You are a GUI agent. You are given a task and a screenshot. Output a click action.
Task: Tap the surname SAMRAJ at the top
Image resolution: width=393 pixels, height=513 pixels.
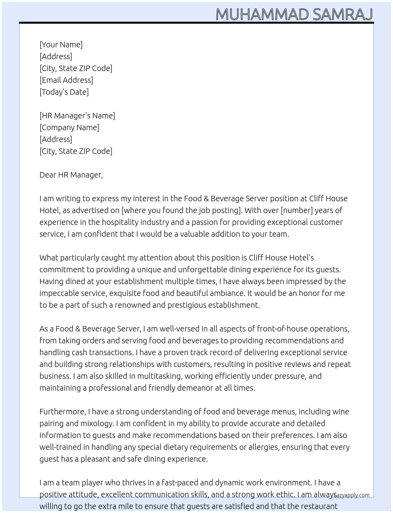(x=342, y=14)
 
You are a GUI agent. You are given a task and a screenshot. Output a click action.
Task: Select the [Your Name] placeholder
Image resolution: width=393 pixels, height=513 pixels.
(x=61, y=45)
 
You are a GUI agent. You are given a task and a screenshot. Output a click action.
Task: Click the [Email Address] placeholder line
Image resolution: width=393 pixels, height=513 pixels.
(x=66, y=80)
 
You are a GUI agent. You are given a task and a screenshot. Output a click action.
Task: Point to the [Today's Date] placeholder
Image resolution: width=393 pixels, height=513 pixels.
(x=64, y=92)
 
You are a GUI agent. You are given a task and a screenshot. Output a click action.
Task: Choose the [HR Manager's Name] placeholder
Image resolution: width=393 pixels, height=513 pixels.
(x=77, y=116)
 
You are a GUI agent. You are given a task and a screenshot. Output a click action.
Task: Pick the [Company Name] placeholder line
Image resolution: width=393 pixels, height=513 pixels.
(x=69, y=127)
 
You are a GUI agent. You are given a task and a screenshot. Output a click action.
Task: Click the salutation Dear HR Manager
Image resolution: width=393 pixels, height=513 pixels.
(x=71, y=175)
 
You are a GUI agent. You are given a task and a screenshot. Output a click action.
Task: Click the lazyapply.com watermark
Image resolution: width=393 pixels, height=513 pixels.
(x=351, y=495)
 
